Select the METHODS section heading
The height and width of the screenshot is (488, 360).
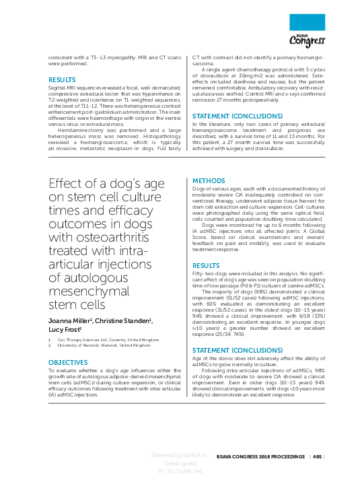click(x=208, y=181)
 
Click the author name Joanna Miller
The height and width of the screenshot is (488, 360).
click(x=70, y=320)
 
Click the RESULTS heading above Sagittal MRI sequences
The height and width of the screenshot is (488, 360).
click(x=62, y=79)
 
